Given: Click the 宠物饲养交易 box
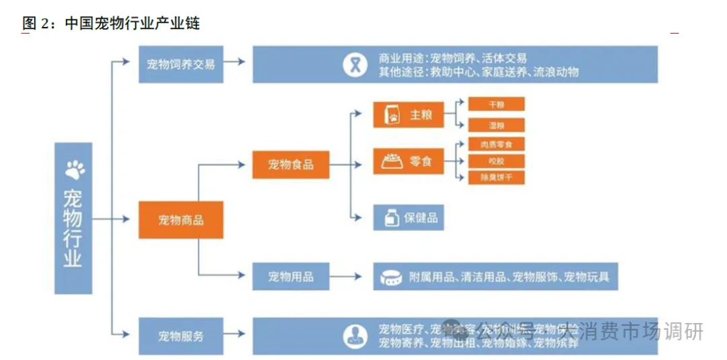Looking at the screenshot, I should click(180, 65).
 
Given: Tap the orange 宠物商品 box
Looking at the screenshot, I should click(180, 219).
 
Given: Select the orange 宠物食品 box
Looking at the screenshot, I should click(291, 164).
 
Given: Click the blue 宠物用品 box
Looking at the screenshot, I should click(291, 277).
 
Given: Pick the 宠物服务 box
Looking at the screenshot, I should click(180, 335).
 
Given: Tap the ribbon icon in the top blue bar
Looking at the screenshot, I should click(353, 65).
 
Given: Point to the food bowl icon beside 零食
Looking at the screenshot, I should click(392, 161).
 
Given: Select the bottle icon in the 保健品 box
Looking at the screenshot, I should click(390, 218).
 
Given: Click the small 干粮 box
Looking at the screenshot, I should click(496, 104).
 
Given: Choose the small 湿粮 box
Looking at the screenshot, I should click(496, 125).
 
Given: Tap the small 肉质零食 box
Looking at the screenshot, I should click(496, 144).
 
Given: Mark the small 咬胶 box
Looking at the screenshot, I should click(496, 161).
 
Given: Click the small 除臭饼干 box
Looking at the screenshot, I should click(496, 178).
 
